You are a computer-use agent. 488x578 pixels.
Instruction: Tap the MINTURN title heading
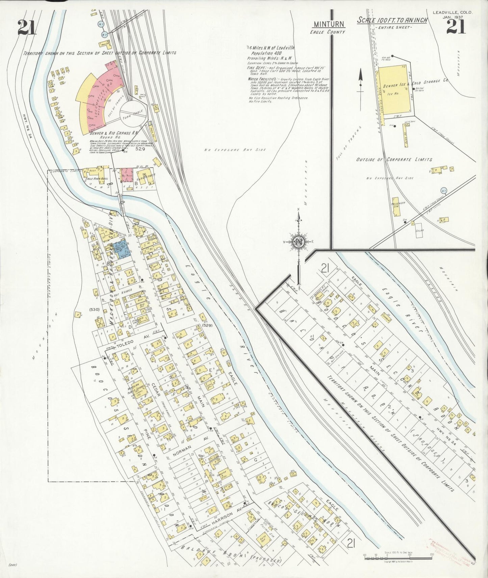point(329,24)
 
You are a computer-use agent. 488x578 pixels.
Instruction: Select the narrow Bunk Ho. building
point(404,134)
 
